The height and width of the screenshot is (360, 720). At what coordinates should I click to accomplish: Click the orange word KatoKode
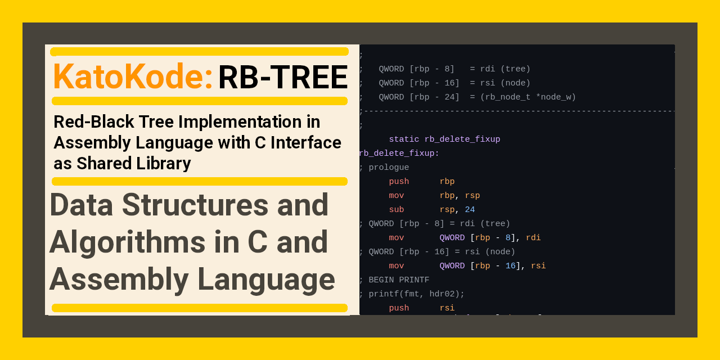[x=132, y=77]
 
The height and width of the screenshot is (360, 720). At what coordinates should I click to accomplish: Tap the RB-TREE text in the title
[x=282, y=78]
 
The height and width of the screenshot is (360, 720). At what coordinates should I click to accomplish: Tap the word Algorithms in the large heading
[x=127, y=242]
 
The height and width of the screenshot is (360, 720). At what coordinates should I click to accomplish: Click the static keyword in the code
[x=403, y=139]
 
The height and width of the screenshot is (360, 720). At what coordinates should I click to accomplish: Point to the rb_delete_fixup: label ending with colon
[x=399, y=154]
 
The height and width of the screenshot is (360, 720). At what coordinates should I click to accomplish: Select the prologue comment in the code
[x=388, y=168]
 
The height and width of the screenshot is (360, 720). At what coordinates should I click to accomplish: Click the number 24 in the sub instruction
[x=470, y=210]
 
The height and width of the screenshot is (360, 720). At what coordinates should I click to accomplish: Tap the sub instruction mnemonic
[x=396, y=210]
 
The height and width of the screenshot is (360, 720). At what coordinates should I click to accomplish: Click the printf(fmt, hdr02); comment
[x=416, y=294]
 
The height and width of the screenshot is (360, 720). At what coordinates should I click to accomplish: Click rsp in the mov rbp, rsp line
[x=472, y=196]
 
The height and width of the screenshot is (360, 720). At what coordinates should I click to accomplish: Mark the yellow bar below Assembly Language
[x=199, y=308]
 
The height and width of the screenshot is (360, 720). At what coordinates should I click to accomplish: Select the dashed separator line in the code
[x=517, y=111]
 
